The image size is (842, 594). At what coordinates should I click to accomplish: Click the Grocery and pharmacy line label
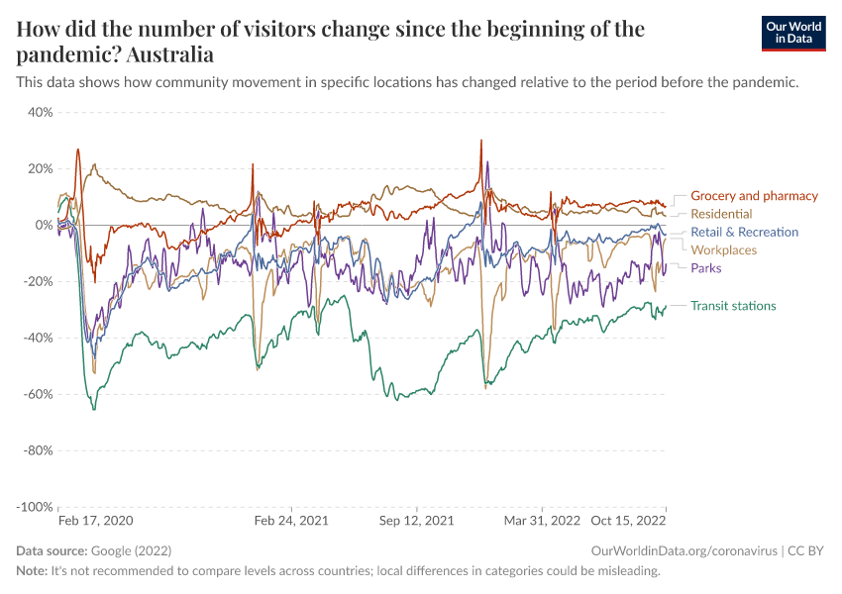[x=754, y=196]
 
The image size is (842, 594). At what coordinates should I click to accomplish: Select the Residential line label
[x=721, y=214]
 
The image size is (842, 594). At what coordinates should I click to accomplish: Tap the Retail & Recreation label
[x=744, y=233]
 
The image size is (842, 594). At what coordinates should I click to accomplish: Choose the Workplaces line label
[x=723, y=250]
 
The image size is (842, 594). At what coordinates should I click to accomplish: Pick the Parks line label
[x=705, y=268]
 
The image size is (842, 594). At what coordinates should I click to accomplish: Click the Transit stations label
[x=733, y=306]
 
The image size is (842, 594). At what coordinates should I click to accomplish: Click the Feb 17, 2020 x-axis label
[x=95, y=520]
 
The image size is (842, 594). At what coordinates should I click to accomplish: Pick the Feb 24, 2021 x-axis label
[x=292, y=520]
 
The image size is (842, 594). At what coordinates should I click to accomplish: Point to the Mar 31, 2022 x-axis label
[x=542, y=520]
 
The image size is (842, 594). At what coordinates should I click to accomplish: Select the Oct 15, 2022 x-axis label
[x=628, y=520]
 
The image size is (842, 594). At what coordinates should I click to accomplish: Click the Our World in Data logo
[x=793, y=33]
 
